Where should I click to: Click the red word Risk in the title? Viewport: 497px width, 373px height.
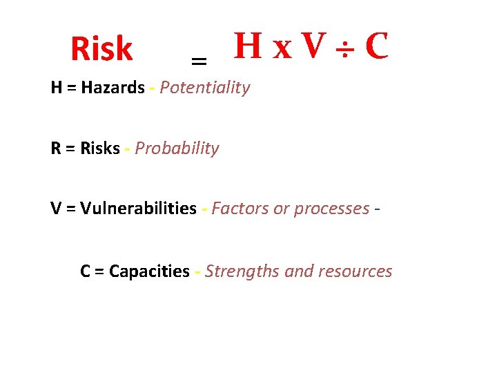(x=101, y=49)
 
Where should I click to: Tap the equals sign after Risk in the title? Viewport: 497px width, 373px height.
(x=199, y=62)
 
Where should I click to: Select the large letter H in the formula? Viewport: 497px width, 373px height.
(x=247, y=46)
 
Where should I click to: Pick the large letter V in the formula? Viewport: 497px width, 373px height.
(x=313, y=46)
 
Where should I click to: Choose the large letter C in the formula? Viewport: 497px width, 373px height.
(x=376, y=46)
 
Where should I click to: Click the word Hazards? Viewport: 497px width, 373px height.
(x=113, y=88)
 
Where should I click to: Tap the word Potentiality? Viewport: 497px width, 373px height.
(x=205, y=88)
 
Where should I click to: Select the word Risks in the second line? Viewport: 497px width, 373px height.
(x=100, y=149)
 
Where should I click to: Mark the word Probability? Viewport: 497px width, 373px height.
(x=177, y=149)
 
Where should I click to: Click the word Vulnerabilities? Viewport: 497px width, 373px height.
(x=138, y=209)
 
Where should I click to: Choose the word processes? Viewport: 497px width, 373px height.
(x=332, y=209)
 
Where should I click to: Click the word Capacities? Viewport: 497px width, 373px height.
(x=149, y=271)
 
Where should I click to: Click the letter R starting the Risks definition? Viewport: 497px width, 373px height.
(x=55, y=149)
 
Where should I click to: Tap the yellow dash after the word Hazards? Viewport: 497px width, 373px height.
(x=153, y=88)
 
